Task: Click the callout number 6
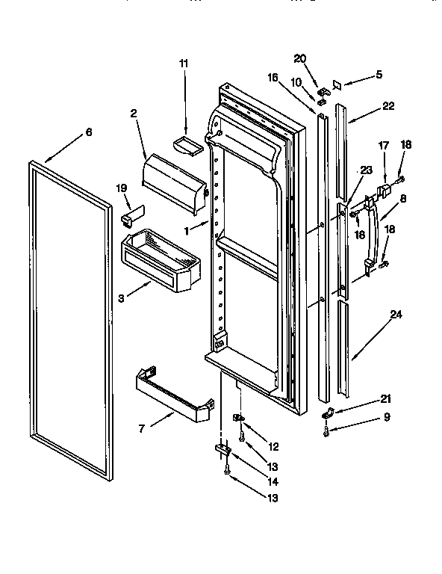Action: click(x=88, y=132)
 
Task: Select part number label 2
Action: click(x=133, y=114)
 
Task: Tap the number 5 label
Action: click(x=379, y=75)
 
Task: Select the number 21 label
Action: click(x=385, y=399)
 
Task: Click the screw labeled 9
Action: click(x=326, y=431)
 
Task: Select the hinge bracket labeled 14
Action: click(x=222, y=450)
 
